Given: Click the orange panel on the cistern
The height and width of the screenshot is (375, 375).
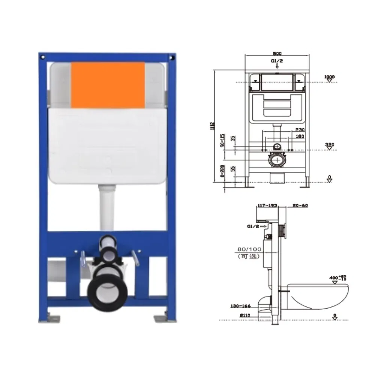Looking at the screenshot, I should pyautogui.click(x=108, y=85).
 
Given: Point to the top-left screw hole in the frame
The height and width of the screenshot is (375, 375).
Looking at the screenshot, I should pyautogui.click(x=43, y=57).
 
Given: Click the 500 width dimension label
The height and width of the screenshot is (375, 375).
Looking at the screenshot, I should pyautogui.click(x=277, y=54).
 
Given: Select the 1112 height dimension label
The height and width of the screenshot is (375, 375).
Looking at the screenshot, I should pyautogui.click(x=212, y=126).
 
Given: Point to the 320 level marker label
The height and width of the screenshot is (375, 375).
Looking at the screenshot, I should pyautogui.click(x=329, y=144).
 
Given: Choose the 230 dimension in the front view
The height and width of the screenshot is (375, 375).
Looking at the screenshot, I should pyautogui.click(x=300, y=129).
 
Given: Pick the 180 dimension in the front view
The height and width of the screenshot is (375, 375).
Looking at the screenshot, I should pyautogui.click(x=300, y=136).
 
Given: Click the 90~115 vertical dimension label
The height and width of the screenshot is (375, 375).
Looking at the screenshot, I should pyautogui.click(x=222, y=141).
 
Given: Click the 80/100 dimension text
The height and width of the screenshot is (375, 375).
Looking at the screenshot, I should pyautogui.click(x=249, y=249).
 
